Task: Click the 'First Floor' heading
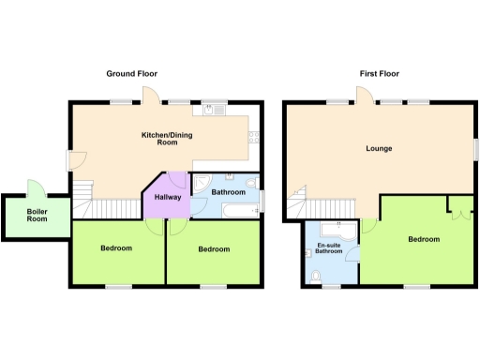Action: pos(380,73)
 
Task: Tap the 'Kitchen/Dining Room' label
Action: pos(159,139)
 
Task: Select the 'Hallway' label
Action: pos(168,197)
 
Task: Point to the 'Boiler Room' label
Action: pos(37,214)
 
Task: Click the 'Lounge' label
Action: pos(379,148)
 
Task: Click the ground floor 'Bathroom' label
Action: pos(228,191)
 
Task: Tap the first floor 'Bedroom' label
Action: pos(424,239)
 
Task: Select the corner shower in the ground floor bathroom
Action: pos(202,183)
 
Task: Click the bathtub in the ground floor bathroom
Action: pos(231,209)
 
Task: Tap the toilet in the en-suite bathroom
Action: pos(318,274)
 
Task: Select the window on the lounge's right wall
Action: pos(474,149)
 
